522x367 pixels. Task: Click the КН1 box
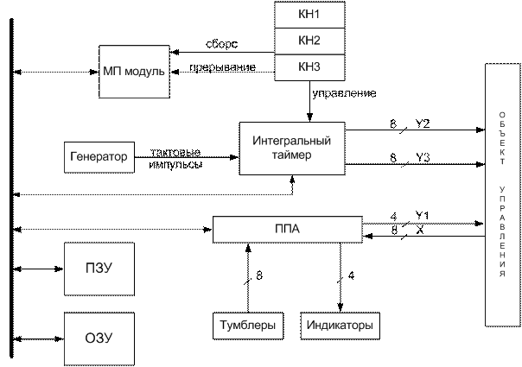pos(309,15)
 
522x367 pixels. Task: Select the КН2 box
pos(309,41)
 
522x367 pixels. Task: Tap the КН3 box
pos(309,66)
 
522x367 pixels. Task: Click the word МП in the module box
pos(111,71)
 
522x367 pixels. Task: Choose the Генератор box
pos(99,157)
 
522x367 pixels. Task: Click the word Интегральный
pos(292,140)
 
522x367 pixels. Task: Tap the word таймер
pos(292,155)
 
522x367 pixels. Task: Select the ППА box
pos(287,229)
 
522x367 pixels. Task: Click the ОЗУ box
pos(99,339)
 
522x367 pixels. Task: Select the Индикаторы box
pos(341,326)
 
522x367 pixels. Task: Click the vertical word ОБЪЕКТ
pos(502,138)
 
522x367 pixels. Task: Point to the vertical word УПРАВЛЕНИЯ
pos(502,231)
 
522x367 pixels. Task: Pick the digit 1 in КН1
pos(317,15)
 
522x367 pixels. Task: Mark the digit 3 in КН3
pos(317,66)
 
